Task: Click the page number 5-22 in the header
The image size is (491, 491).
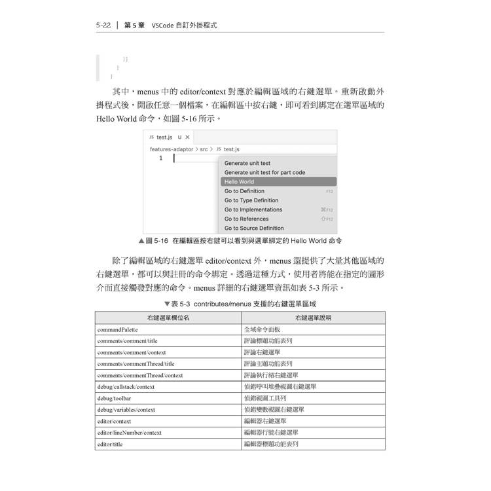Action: click(x=103, y=26)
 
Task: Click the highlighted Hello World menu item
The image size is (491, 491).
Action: click(x=239, y=182)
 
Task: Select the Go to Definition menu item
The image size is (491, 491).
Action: click(x=244, y=191)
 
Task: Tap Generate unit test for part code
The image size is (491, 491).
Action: click(x=264, y=172)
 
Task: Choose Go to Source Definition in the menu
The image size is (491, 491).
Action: click(x=254, y=228)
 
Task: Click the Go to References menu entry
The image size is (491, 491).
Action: click(x=246, y=219)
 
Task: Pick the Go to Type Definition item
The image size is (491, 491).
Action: click(x=251, y=200)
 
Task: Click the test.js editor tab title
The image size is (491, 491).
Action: click(x=164, y=137)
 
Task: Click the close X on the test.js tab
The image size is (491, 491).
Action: click(x=187, y=137)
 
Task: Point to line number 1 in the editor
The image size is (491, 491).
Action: click(x=160, y=158)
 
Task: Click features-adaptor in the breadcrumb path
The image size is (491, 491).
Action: click(x=172, y=149)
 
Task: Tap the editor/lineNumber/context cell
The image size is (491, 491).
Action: click(x=129, y=432)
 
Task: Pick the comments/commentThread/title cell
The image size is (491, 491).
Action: click(x=136, y=363)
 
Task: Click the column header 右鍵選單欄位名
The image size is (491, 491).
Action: click(x=168, y=318)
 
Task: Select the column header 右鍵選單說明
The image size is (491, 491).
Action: click(x=313, y=318)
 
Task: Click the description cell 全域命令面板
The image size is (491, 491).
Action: click(x=262, y=329)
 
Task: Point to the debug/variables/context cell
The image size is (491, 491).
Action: click(x=126, y=409)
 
